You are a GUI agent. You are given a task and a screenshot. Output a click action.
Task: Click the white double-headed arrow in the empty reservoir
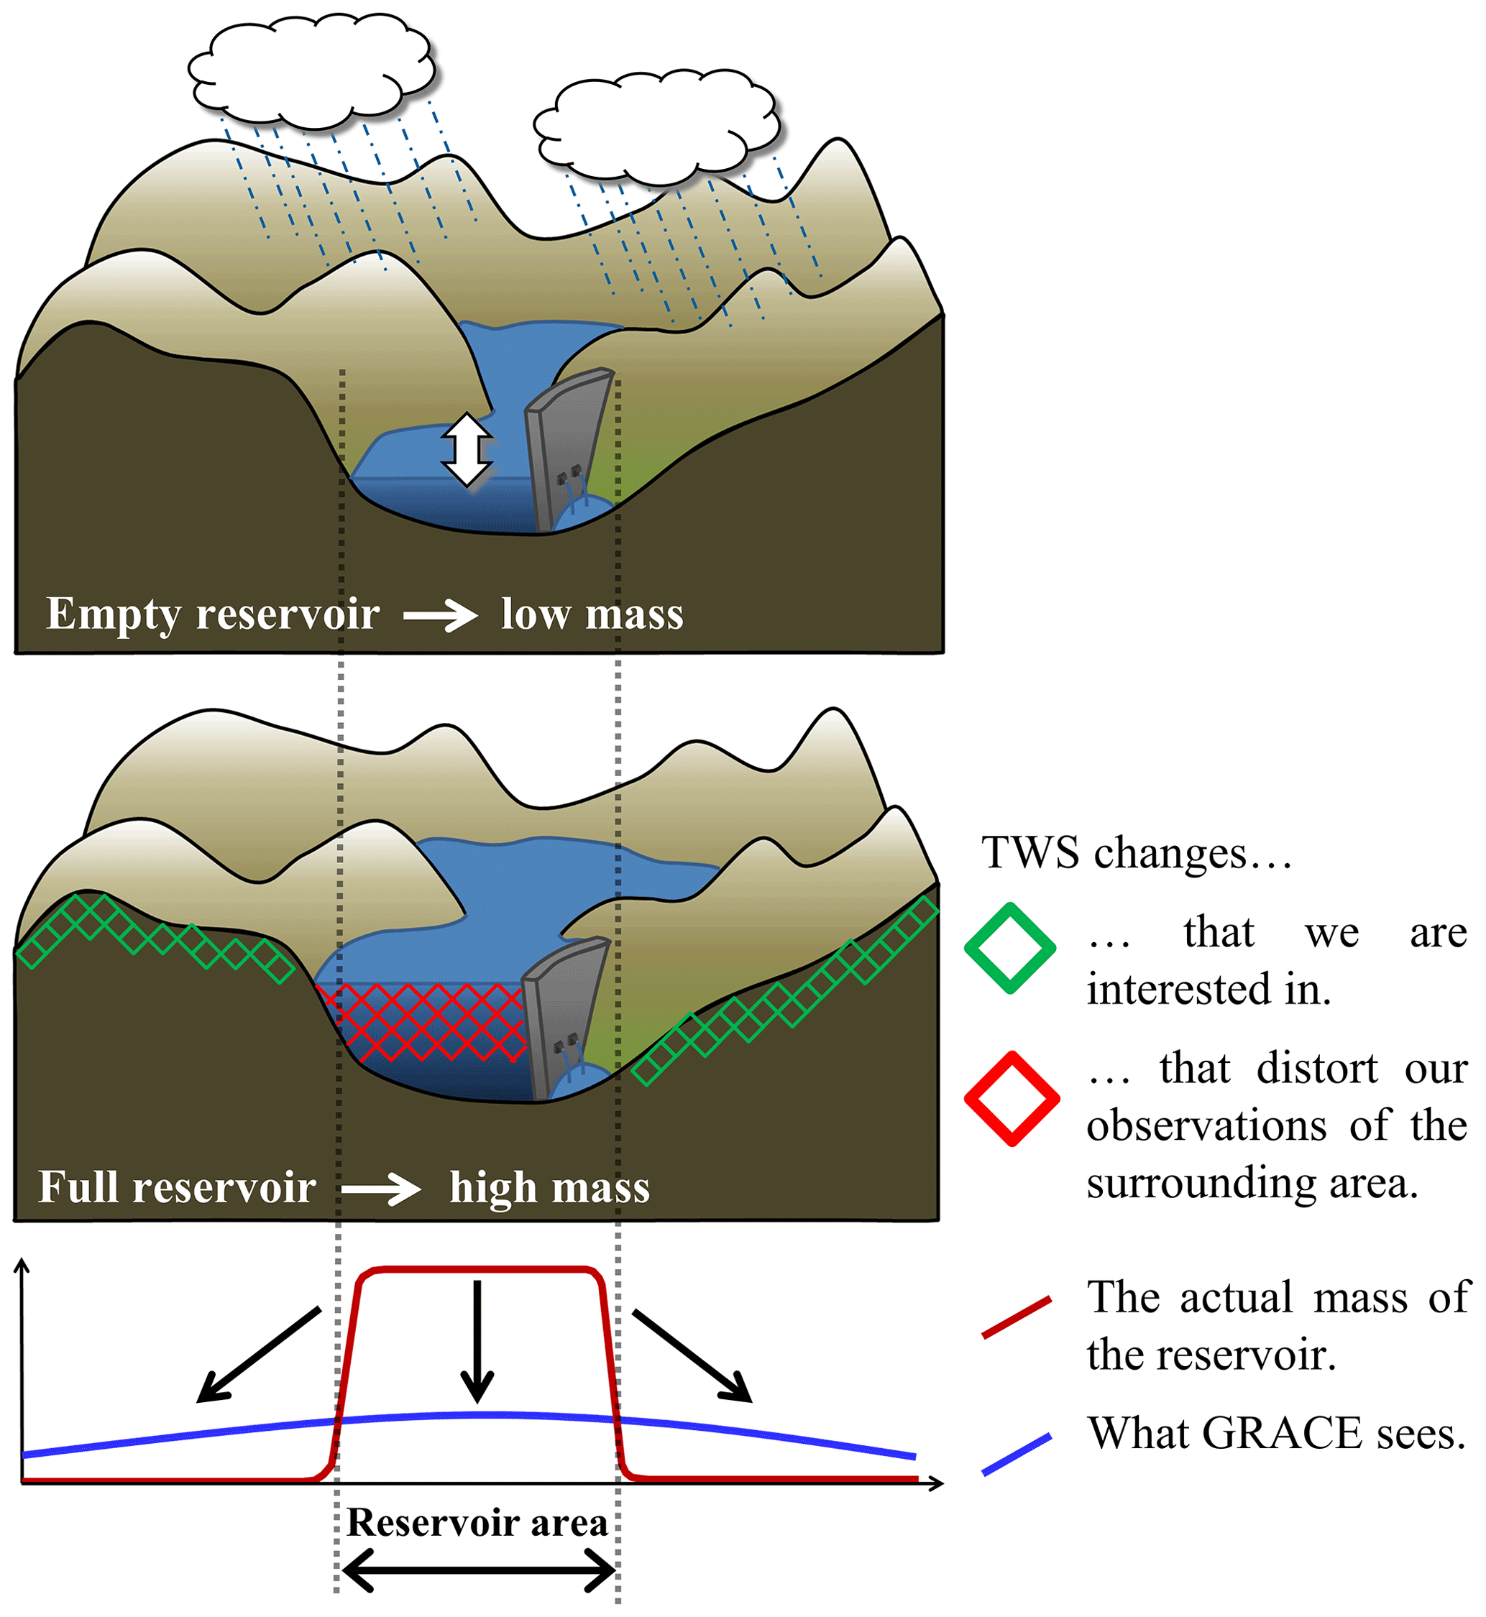467,449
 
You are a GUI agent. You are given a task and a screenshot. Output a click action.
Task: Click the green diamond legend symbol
1010,949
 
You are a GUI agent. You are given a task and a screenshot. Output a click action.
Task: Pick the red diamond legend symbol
1012,1098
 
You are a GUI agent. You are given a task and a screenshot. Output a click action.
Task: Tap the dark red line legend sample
1017,1317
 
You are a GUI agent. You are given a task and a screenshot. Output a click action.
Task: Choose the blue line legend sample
1017,1454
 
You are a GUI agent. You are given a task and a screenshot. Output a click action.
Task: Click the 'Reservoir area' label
477,1523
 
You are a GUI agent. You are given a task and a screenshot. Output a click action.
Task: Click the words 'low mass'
592,614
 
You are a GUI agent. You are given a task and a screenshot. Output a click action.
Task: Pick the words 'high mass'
549,1188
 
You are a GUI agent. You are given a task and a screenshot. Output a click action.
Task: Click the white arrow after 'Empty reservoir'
440,617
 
